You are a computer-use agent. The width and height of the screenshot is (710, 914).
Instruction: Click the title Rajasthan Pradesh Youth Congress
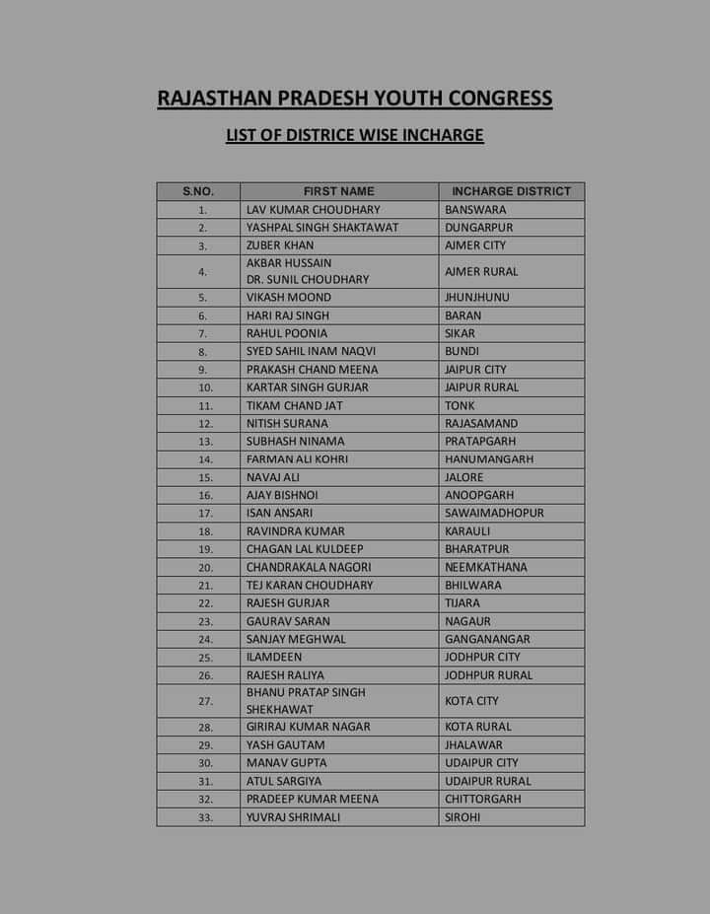click(x=355, y=99)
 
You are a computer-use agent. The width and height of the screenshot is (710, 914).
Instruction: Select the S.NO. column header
click(x=197, y=191)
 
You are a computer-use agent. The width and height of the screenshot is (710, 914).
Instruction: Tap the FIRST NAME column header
click(x=339, y=191)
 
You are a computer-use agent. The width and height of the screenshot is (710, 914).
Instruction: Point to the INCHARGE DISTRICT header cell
click(x=511, y=191)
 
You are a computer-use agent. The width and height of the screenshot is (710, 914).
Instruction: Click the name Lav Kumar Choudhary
click(x=313, y=209)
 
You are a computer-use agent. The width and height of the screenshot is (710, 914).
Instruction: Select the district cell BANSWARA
click(x=475, y=209)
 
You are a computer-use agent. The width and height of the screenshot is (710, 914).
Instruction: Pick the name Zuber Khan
click(x=280, y=246)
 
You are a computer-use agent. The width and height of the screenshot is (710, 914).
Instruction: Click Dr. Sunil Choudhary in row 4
click(x=308, y=280)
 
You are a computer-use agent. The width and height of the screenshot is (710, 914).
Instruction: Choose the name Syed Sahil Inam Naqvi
click(x=311, y=351)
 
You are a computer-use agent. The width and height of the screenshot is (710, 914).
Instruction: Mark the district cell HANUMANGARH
click(x=489, y=459)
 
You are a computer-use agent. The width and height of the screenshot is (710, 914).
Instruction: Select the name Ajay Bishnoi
click(x=282, y=495)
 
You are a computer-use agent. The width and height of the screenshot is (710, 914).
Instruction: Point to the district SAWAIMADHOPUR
click(x=494, y=513)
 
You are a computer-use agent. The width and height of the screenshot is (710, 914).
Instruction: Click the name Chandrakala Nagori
click(x=309, y=567)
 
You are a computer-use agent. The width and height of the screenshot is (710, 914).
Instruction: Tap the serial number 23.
click(x=205, y=621)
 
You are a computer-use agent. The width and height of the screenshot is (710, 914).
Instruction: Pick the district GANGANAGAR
click(x=487, y=639)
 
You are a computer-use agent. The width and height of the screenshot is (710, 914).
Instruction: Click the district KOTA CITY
click(x=471, y=701)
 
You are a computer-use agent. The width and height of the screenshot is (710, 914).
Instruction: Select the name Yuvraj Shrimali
click(x=294, y=817)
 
